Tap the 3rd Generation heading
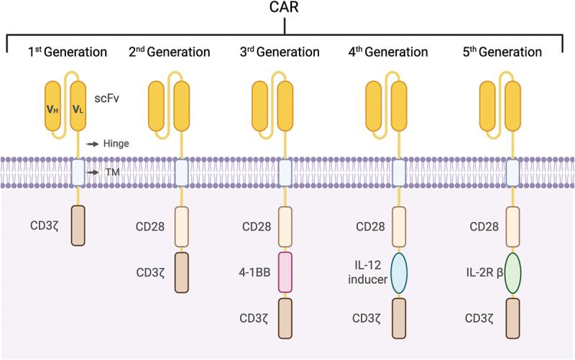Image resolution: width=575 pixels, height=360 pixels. pyautogui.click(x=285, y=52)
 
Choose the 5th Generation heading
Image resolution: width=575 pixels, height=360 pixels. pyautogui.click(x=513, y=52)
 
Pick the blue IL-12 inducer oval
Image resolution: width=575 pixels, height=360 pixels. pyautogui.click(x=400, y=274)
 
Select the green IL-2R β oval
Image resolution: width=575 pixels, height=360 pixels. pyautogui.click(x=513, y=274)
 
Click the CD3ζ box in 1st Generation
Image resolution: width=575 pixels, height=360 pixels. pyautogui.click(x=78, y=226)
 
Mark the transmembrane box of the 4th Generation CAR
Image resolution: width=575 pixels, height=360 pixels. pyautogui.click(x=400, y=173)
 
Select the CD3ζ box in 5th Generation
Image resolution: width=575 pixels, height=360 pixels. pyautogui.click(x=513, y=318)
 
